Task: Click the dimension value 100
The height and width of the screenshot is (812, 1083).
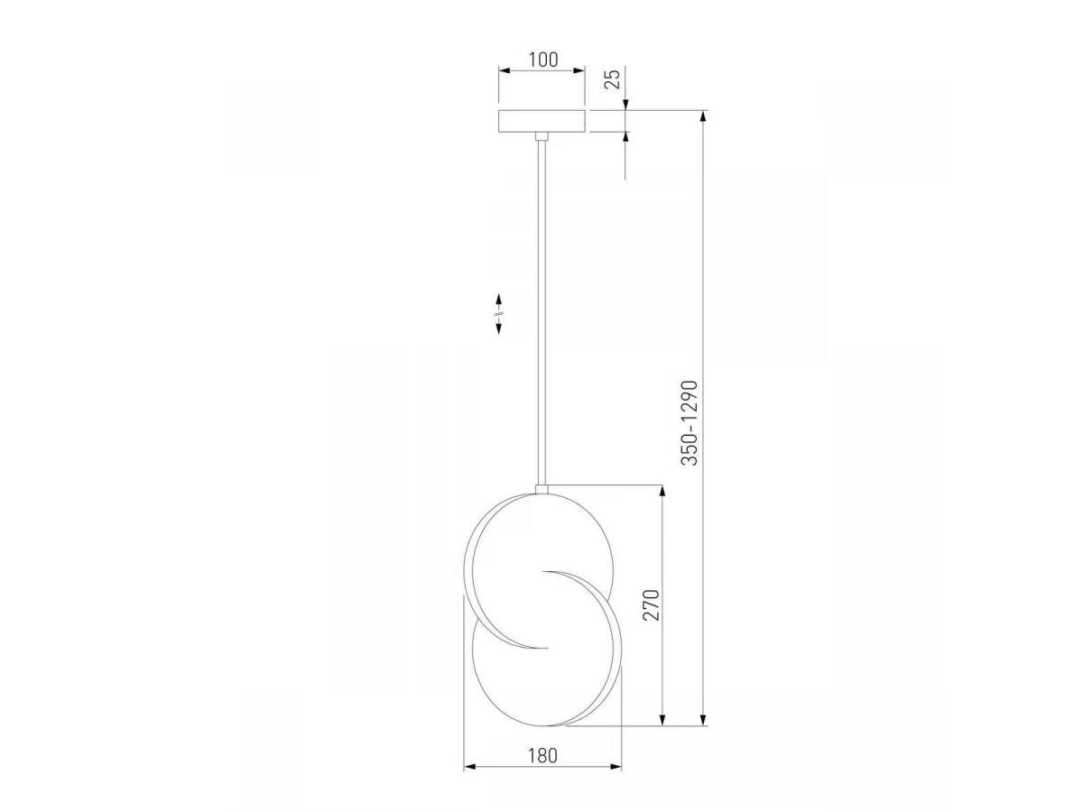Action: point(543,60)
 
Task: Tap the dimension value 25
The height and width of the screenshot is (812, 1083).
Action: point(612,78)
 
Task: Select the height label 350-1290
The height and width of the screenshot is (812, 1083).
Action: point(690,422)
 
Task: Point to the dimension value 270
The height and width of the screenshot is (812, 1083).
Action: point(652,604)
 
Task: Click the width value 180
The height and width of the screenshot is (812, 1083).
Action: point(542,756)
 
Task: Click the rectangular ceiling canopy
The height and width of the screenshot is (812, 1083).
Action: point(541,121)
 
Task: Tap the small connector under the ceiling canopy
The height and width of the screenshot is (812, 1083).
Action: point(541,136)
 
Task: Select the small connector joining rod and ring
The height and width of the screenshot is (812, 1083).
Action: point(541,489)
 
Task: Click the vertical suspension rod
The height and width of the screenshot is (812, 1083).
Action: point(541,313)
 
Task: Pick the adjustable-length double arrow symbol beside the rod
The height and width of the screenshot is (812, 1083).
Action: point(498,314)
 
